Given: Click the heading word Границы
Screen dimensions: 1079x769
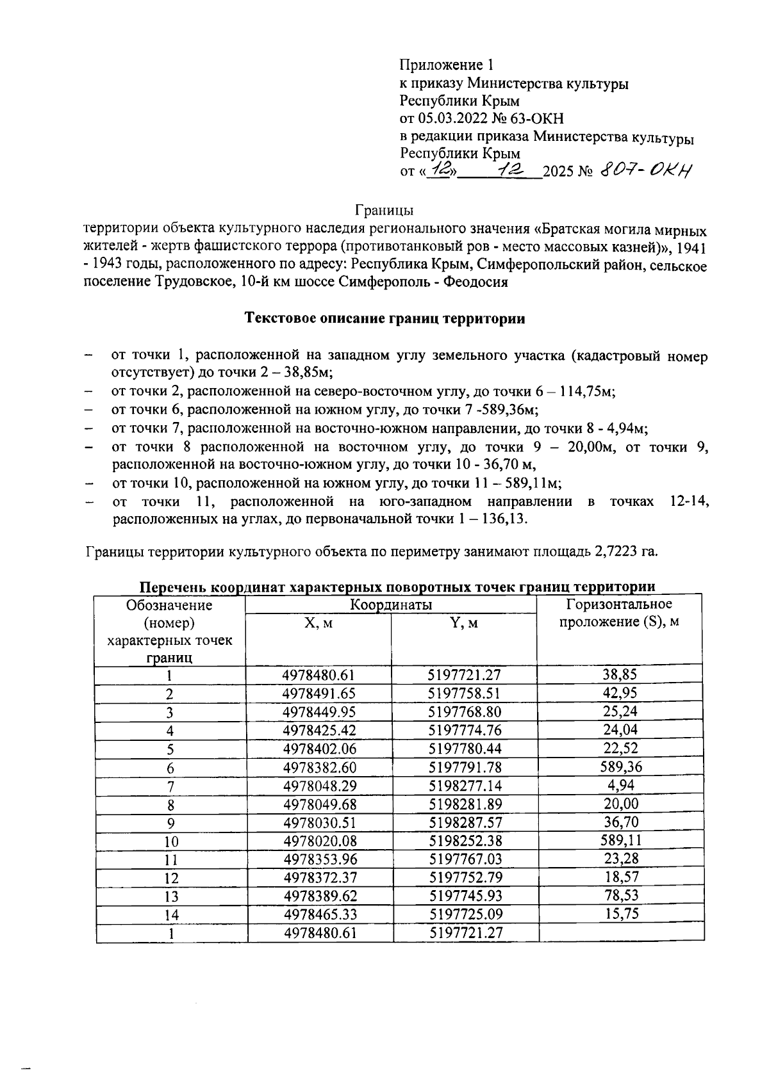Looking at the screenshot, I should [x=384, y=209].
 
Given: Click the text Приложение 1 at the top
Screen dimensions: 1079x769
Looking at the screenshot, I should [x=447, y=65].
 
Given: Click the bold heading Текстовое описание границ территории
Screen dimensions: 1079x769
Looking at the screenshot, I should [x=384, y=319].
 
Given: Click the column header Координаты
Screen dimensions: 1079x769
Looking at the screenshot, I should [x=390, y=605].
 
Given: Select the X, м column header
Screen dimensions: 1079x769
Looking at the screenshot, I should [x=318, y=623].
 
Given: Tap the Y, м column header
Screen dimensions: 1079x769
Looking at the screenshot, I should [x=464, y=623].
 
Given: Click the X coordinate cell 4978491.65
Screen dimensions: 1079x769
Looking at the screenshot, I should [x=318, y=694].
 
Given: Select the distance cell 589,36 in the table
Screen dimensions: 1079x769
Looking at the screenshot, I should [x=620, y=767].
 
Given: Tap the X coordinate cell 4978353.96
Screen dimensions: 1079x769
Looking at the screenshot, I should [x=318, y=859].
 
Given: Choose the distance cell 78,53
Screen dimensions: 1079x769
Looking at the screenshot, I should [x=620, y=895].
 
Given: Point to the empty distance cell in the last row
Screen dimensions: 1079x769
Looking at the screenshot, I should [x=620, y=933].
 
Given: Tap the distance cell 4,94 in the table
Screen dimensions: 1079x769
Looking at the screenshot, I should [x=620, y=785].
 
